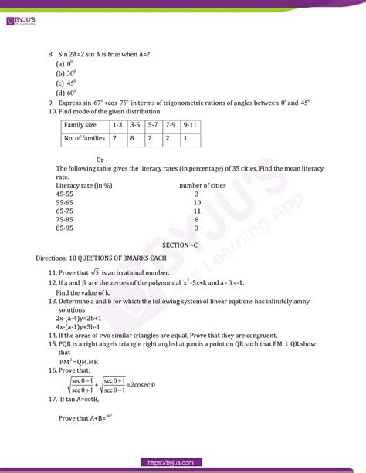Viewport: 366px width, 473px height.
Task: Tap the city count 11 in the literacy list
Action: [x=197, y=210]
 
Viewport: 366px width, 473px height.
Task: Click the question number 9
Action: [x=50, y=101]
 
